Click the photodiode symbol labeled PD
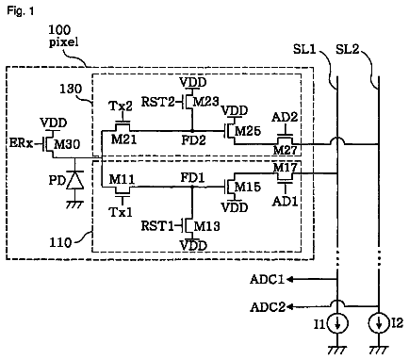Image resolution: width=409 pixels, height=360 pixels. pyautogui.click(x=75, y=181)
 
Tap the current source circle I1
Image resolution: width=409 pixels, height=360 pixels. pyautogui.click(x=337, y=323)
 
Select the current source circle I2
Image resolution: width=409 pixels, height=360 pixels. pyautogui.click(x=379, y=323)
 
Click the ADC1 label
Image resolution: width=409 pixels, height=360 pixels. pyautogui.click(x=267, y=279)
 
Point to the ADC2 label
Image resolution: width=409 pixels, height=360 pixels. pyautogui.click(x=268, y=307)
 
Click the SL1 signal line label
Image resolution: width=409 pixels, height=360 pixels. pyautogui.click(x=304, y=49)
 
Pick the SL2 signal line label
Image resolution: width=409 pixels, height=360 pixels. pyautogui.click(x=347, y=49)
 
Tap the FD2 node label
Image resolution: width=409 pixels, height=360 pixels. pyautogui.click(x=193, y=140)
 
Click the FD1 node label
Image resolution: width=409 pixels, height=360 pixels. pyautogui.click(x=192, y=178)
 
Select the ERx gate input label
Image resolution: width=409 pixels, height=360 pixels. pyautogui.click(x=21, y=143)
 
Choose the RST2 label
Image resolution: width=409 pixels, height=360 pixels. pyautogui.click(x=157, y=102)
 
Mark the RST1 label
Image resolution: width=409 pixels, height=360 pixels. pyautogui.click(x=157, y=226)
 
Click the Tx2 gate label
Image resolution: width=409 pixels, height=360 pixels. pyautogui.click(x=121, y=106)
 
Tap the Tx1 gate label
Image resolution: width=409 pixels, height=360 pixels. pyautogui.click(x=121, y=212)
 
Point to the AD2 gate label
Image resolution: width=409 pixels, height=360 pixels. pyautogui.click(x=285, y=117)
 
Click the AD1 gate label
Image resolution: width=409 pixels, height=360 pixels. pyautogui.click(x=285, y=201)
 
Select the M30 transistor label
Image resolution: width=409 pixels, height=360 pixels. pyautogui.click(x=67, y=144)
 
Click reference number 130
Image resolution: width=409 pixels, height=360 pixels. pyautogui.click(x=71, y=89)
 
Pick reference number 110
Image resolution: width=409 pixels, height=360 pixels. pyautogui.click(x=60, y=243)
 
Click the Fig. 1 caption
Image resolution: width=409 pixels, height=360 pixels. pyautogui.click(x=21, y=11)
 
